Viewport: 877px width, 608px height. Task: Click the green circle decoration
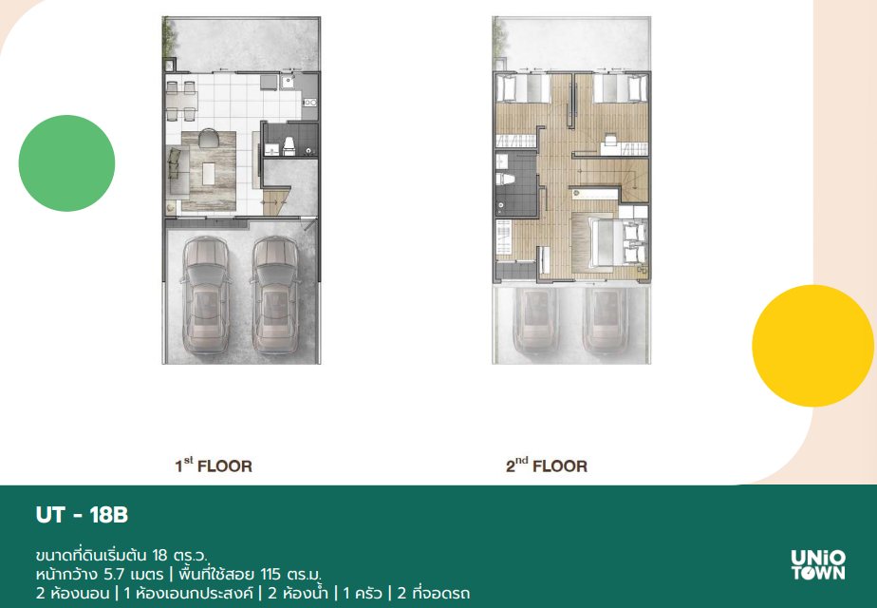click(66, 163)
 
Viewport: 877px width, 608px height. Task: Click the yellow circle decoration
click(812, 346)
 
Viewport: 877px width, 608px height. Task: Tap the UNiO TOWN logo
click(818, 564)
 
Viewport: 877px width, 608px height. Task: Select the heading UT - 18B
click(82, 515)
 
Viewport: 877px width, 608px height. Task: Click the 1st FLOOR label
click(214, 465)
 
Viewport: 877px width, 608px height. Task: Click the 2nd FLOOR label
click(547, 465)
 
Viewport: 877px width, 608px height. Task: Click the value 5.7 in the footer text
click(114, 575)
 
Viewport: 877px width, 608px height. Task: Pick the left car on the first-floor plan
click(205, 295)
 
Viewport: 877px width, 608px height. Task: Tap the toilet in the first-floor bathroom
click(289, 145)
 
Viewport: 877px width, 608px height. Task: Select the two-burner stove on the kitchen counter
click(309, 103)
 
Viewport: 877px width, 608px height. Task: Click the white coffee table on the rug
click(209, 173)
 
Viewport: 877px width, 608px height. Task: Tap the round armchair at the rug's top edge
click(209, 137)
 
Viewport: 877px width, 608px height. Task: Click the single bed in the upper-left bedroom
click(523, 88)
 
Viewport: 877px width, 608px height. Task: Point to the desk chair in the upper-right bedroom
click(610, 137)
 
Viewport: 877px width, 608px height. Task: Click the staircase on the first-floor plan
click(275, 201)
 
